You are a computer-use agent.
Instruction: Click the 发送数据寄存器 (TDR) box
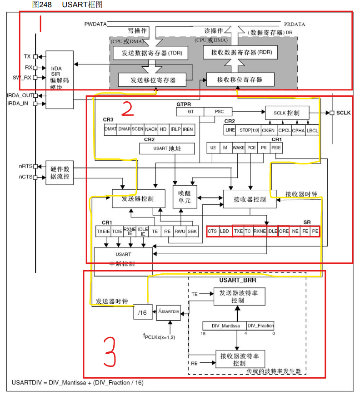pyautogui.click(x=152, y=53)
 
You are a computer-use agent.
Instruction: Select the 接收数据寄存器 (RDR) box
pyautogui.click(x=241, y=52)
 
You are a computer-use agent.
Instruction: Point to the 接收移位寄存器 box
pyautogui.click(x=240, y=79)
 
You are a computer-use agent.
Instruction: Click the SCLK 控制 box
pyautogui.click(x=286, y=112)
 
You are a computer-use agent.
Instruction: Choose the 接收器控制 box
pyautogui.click(x=250, y=199)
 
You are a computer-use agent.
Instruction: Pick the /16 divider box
pyautogui.click(x=143, y=312)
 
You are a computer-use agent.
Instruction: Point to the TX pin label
pyautogui.click(x=27, y=56)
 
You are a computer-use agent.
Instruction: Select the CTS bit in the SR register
pyautogui.click(x=212, y=231)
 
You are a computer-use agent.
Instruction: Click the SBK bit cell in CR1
pyautogui.click(x=192, y=231)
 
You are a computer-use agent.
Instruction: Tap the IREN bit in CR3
pyautogui.click(x=187, y=129)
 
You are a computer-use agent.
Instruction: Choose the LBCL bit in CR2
pyautogui.click(x=312, y=130)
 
